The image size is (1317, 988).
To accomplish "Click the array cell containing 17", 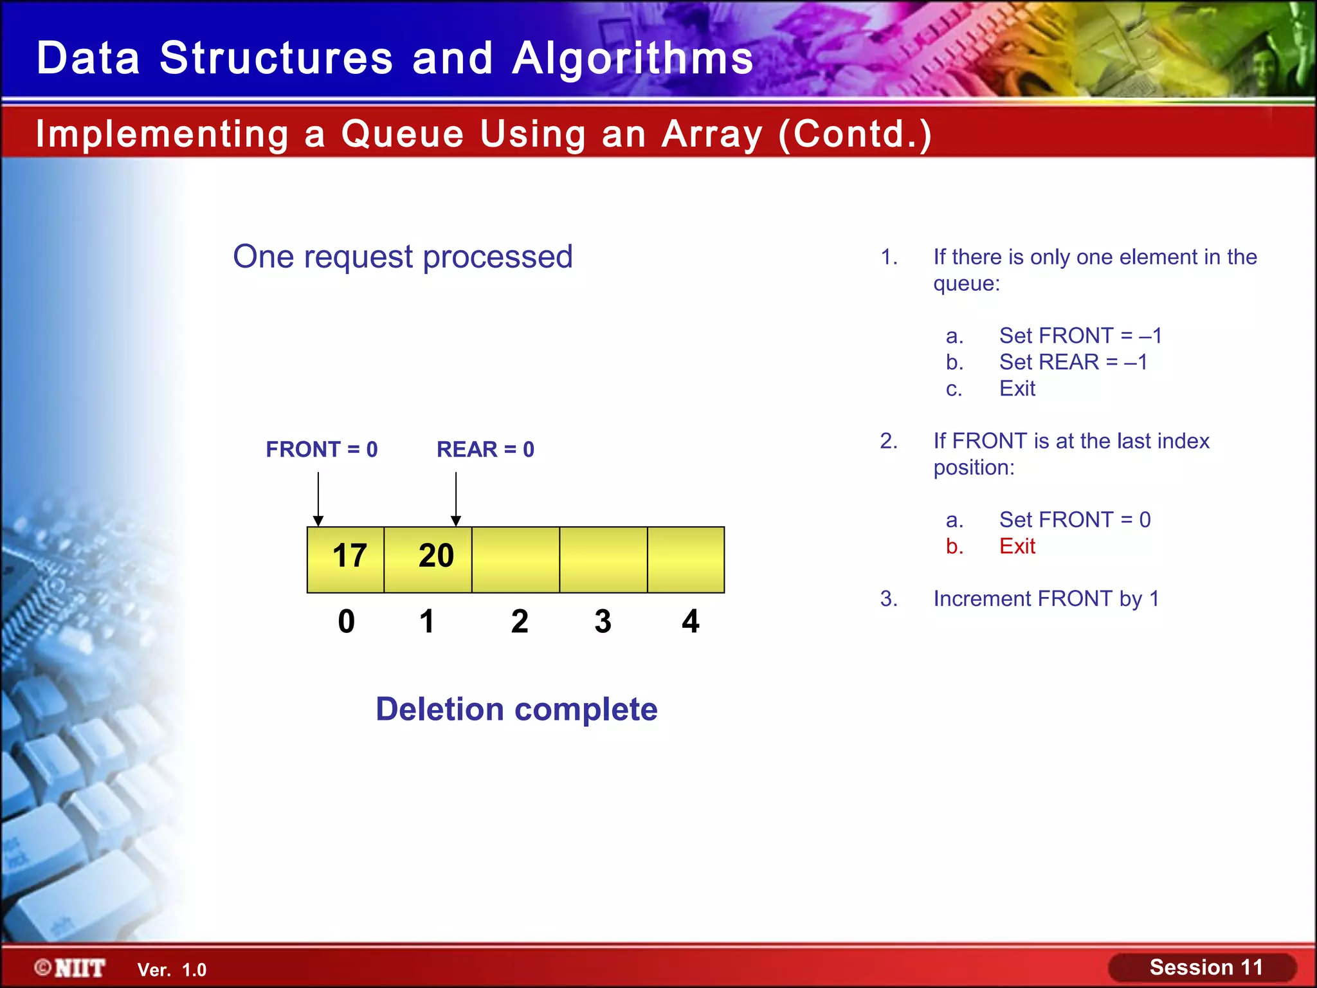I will [346, 558].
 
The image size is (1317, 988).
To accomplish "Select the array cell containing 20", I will [428, 558].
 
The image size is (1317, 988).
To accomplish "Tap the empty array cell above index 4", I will [686, 558].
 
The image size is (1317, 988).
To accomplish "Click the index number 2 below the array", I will [520, 621].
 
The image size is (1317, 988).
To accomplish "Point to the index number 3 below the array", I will [603, 621].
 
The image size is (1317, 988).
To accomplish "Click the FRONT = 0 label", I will [322, 449].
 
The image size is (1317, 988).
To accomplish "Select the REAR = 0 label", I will [486, 449].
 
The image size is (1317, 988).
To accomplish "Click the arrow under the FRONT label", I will [318, 499].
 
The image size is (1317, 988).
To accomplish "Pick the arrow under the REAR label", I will [456, 499].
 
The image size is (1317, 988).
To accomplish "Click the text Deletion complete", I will [516, 709].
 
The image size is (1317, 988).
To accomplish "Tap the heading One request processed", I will [403, 257].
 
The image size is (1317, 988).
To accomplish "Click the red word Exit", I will [1017, 546].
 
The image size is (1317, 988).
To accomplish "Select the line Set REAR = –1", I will [1073, 362].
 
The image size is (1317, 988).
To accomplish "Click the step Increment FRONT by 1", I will [1046, 599].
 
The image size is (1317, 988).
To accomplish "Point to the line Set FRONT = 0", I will [1075, 520].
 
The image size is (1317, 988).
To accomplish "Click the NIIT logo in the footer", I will [71, 968].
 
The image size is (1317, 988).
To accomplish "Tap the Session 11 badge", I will [1205, 967].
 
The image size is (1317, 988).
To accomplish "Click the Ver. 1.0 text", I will [172, 970].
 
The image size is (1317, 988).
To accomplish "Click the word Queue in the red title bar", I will [402, 134].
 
